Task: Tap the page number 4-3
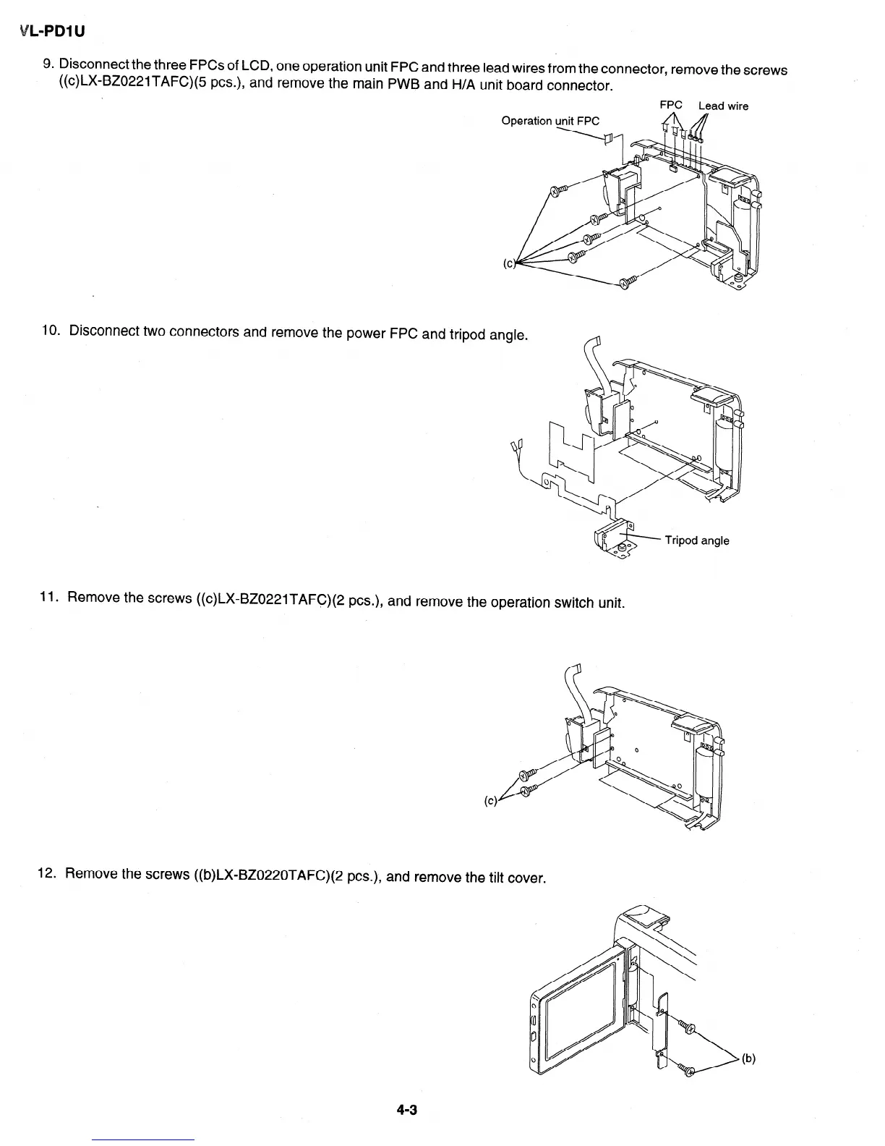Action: (x=406, y=1110)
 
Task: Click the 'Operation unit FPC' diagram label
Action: (x=550, y=121)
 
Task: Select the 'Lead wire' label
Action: (x=723, y=106)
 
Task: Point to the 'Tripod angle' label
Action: (x=696, y=540)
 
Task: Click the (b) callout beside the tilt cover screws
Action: (x=748, y=1059)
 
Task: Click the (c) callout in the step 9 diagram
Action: (x=509, y=263)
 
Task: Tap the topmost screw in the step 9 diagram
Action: (x=559, y=191)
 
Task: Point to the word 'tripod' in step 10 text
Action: (x=468, y=334)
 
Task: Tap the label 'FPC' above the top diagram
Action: (x=671, y=106)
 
